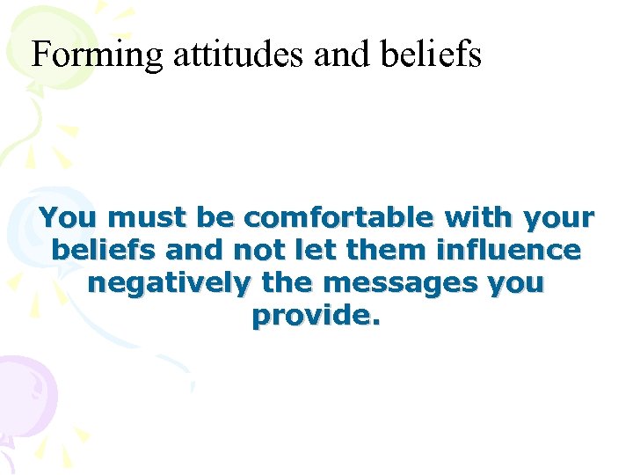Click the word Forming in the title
97,55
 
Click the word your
559,218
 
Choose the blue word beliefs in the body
104,250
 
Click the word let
315,250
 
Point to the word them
381,250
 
